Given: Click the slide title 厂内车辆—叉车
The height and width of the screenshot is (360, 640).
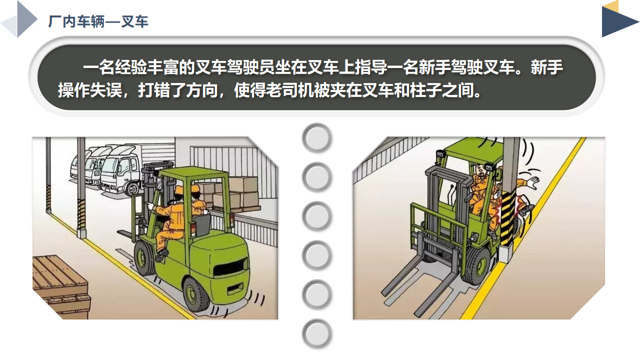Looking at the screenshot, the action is point(98,21).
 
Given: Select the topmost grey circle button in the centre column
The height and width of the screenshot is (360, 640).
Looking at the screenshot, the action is point(317,138).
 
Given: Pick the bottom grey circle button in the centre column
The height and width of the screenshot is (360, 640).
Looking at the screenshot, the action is point(317,334).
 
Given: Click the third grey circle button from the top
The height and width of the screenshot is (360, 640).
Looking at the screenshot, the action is point(317,216).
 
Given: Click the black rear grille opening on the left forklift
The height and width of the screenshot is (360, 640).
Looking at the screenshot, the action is point(229,268).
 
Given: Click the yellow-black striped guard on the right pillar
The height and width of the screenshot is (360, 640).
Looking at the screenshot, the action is point(507,218).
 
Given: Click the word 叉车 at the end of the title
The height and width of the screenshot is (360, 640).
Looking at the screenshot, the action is point(135,21).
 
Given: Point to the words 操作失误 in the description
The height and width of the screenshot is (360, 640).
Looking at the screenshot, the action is point(90,90).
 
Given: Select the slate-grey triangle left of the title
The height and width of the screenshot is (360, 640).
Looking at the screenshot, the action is point(27,19).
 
